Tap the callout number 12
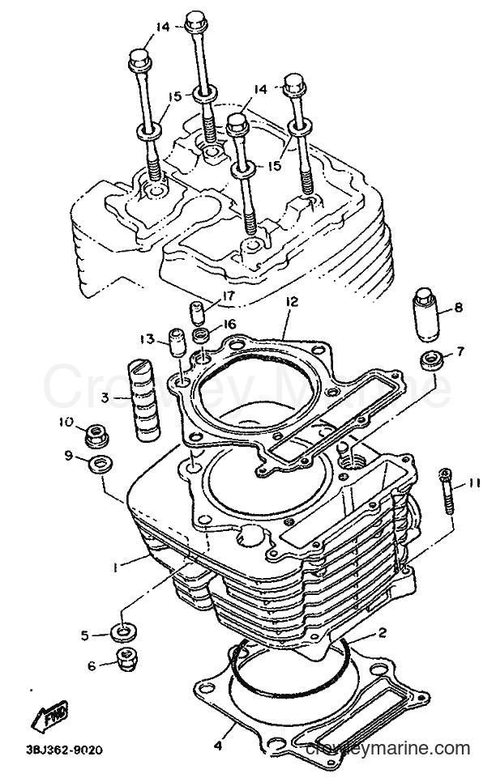point(292,302)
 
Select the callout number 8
point(458,308)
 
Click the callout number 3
point(105,398)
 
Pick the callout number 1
point(115,567)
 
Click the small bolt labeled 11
point(446,491)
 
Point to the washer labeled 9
point(100,465)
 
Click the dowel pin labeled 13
point(177,343)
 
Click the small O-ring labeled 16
point(202,334)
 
